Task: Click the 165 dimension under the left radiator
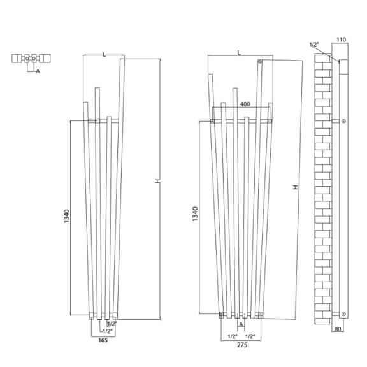pyautogui.click(x=103, y=340)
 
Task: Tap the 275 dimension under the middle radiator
pyautogui.click(x=242, y=345)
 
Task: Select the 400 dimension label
pyautogui.click(x=245, y=104)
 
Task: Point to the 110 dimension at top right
pyautogui.click(x=341, y=40)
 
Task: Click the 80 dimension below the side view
pyautogui.click(x=338, y=329)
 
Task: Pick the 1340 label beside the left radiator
pyautogui.click(x=67, y=216)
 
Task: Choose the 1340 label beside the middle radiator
pyautogui.click(x=195, y=214)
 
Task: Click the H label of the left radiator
pyautogui.click(x=158, y=181)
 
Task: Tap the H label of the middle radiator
pyautogui.click(x=296, y=187)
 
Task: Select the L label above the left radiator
pyautogui.click(x=104, y=55)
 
